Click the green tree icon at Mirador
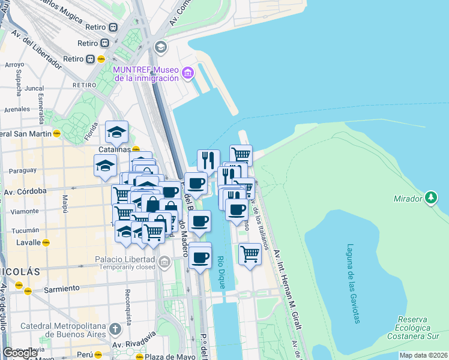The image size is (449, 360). [430, 197]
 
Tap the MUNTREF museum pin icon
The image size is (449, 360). [188, 73]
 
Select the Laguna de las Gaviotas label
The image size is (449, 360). [352, 283]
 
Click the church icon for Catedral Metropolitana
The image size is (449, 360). [115, 329]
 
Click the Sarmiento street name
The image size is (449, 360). [61, 289]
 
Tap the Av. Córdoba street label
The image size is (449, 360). [25, 191]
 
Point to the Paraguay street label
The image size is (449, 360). [23, 170]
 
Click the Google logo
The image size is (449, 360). [20, 353]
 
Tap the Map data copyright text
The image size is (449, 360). [423, 355]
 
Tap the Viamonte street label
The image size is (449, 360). [25, 211]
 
